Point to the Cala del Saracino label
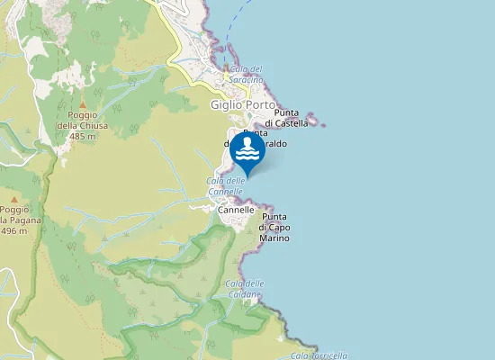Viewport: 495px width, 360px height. click(x=247, y=75)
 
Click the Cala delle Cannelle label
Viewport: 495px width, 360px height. click(x=226, y=186)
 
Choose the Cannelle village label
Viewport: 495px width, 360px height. click(x=237, y=209)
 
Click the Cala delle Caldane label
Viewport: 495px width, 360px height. click(x=244, y=289)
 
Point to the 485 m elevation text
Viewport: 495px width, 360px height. click(x=82, y=136)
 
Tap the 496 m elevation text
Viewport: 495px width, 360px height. click(x=13, y=231)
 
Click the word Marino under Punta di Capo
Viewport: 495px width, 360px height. click(x=274, y=238)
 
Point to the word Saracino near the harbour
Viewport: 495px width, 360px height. click(x=247, y=80)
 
